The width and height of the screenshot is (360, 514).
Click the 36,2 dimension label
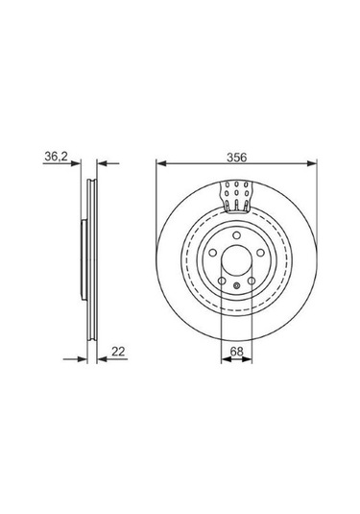(56, 157)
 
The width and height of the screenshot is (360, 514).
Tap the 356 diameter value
(237, 158)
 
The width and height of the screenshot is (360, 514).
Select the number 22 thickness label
(118, 351)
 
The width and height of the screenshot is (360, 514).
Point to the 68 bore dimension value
(236, 352)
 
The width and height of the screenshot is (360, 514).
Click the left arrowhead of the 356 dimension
(162, 163)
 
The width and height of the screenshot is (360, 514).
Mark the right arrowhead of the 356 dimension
(312, 163)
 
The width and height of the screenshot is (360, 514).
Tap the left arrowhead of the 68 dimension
(227, 359)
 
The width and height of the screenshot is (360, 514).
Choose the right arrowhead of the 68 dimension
(247, 359)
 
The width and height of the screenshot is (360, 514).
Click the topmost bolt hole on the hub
(236, 235)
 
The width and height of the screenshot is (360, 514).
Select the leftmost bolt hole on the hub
(213, 253)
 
